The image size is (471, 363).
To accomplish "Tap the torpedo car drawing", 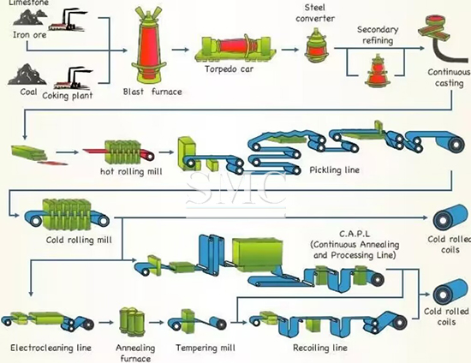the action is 235,49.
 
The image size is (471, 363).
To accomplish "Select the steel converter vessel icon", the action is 315,45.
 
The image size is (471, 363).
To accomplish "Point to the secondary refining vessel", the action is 376,70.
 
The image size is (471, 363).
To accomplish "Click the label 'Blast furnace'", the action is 152,92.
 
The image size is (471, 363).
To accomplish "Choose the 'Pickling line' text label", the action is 334,170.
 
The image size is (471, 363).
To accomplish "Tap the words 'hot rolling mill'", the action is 131,171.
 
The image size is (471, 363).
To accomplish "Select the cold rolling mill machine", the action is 67,215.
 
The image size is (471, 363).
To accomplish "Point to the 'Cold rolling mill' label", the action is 79,240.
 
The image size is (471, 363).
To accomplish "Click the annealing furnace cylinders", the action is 132,322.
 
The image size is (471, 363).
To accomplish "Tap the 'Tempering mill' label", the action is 206,348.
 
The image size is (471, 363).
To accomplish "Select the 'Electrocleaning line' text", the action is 51,348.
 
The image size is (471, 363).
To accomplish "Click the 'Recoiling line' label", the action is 320,348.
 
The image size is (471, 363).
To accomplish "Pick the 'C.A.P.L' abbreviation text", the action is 355,234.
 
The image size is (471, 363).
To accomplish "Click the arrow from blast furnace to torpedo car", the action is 180,50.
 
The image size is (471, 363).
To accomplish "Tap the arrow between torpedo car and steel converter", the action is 290,50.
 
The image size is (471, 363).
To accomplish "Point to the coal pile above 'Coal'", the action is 27,74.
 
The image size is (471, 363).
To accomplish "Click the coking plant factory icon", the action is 73,79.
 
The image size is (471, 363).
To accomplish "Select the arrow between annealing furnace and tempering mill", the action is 157,323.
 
